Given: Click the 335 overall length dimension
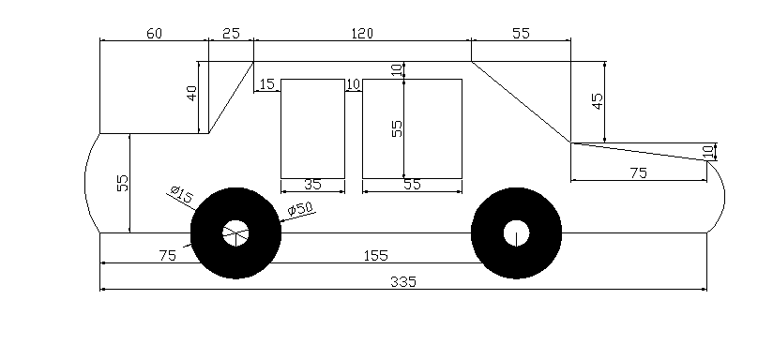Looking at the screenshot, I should pyautogui.click(x=404, y=281).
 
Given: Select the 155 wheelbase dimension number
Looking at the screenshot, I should pyautogui.click(x=375, y=255).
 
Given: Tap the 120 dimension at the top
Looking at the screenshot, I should pyautogui.click(x=362, y=34).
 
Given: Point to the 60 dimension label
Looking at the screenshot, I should pyautogui.click(x=154, y=34).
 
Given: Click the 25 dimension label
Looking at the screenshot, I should pyautogui.click(x=231, y=34).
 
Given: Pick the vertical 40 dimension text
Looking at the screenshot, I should pyautogui.click(x=192, y=95).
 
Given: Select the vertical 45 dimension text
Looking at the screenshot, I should pyautogui.click(x=598, y=101).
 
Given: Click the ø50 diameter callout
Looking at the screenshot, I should pyautogui.click(x=299, y=207).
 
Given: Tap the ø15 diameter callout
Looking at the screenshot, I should pyautogui.click(x=181, y=194).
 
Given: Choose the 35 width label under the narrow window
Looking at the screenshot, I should pyautogui.click(x=313, y=185).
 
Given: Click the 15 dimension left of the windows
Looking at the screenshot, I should pyautogui.click(x=267, y=85).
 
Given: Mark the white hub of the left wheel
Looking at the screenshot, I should pyautogui.click(x=235, y=232).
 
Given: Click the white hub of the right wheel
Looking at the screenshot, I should pyautogui.click(x=515, y=232).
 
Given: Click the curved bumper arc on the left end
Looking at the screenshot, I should pyautogui.click(x=85, y=183).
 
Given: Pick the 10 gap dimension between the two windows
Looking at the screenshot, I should pyautogui.click(x=354, y=85).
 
